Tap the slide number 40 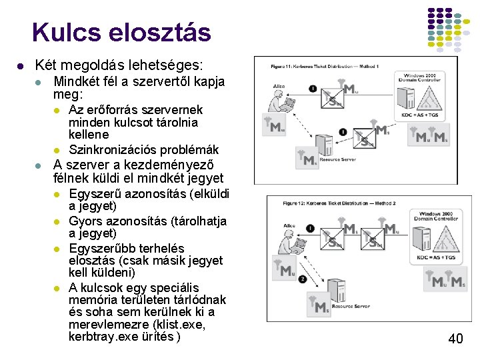455,339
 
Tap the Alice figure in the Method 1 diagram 281,101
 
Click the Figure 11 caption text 325,67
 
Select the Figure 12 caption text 339,203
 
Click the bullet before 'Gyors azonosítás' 58,221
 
